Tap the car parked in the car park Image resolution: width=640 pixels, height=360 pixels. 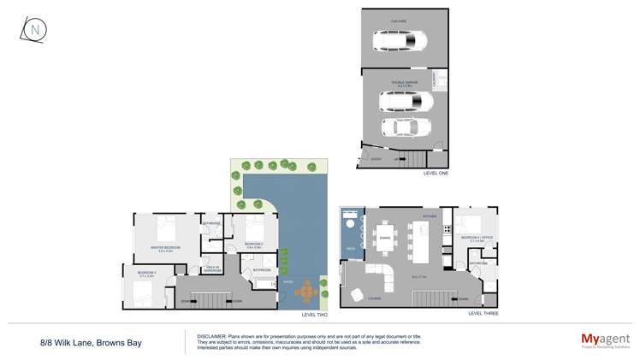point(399,40)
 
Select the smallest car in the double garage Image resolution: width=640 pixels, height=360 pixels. point(406,127)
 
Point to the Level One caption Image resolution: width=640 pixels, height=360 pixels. point(436,173)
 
